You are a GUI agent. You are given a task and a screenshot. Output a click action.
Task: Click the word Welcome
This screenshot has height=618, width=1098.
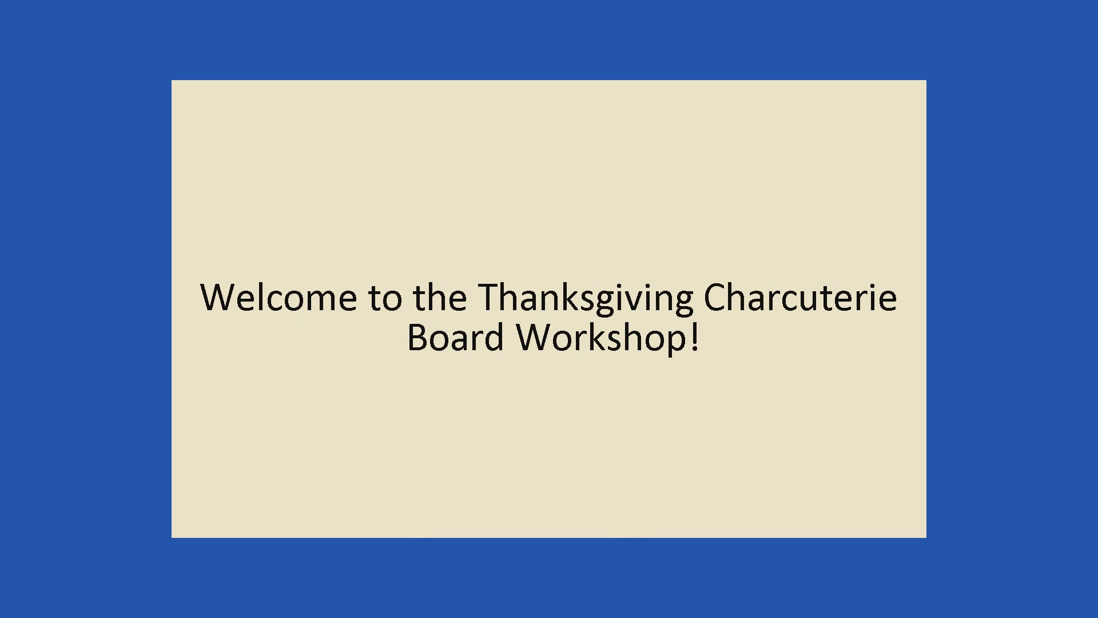(x=279, y=298)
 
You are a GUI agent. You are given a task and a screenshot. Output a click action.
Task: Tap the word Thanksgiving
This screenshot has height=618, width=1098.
(x=586, y=299)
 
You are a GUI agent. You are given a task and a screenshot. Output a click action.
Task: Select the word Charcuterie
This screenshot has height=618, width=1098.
(x=800, y=298)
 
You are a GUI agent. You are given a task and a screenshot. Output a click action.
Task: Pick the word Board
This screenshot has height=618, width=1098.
(x=455, y=337)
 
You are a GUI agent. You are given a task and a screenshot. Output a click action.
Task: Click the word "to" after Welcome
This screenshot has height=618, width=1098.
(x=385, y=299)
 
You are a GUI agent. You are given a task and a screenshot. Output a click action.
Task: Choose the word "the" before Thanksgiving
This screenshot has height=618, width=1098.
(x=440, y=298)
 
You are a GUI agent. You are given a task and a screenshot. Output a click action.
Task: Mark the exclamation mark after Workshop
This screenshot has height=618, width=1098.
(x=694, y=337)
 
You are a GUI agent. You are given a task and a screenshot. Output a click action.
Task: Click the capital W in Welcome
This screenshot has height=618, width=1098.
(x=219, y=298)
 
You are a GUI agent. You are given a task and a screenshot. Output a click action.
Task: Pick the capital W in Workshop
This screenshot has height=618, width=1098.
(x=536, y=337)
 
